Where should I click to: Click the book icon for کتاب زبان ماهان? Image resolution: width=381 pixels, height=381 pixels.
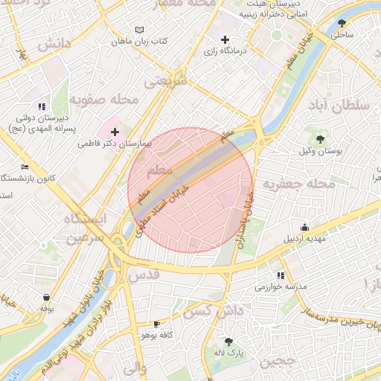pyautogui.click(x=138, y=30)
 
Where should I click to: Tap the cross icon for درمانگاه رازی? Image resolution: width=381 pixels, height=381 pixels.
pyautogui.click(x=225, y=39)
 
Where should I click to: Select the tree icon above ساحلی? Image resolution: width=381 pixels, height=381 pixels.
pyautogui.click(x=342, y=23)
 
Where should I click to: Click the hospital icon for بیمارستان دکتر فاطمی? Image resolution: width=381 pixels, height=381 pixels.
pyautogui.click(x=114, y=132)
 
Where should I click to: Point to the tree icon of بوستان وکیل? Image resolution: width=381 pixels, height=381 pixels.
pyautogui.click(x=321, y=138)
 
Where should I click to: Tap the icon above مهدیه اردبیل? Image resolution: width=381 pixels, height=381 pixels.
pyautogui.click(x=304, y=227)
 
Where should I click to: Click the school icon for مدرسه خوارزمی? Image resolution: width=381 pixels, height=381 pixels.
pyautogui.click(x=281, y=275)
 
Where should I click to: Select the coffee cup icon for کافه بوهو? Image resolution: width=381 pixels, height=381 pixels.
pyautogui.click(x=156, y=324)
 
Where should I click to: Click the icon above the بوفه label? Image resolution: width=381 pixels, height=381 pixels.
pyautogui.click(x=46, y=297)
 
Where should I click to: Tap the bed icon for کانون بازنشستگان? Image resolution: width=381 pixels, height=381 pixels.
pyautogui.click(x=25, y=167)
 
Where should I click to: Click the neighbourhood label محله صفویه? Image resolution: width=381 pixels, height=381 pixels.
pyautogui.click(x=105, y=98)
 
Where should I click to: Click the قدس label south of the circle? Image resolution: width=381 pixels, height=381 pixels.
pyautogui.click(x=144, y=275)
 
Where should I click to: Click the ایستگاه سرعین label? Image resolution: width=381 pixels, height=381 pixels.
pyautogui.click(x=85, y=228)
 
